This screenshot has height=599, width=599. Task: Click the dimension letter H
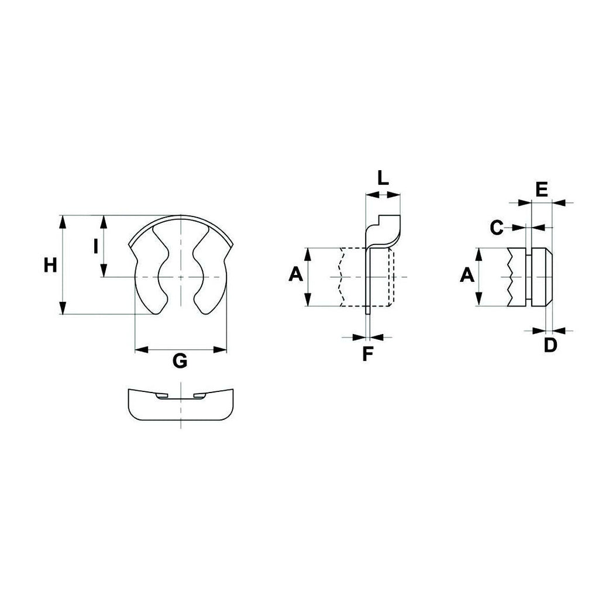[50, 265]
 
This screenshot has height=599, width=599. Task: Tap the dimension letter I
[96, 246]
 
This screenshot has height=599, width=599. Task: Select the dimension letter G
[180, 360]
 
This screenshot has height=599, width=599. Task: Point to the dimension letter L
[383, 178]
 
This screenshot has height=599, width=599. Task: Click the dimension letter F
[367, 354]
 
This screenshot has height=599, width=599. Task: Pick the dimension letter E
[542, 190]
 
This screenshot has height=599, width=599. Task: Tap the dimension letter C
[496, 228]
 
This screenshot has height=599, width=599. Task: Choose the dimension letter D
[550, 345]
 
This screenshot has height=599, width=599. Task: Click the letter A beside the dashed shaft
[295, 274]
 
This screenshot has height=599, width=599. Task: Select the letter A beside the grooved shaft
[467, 275]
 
